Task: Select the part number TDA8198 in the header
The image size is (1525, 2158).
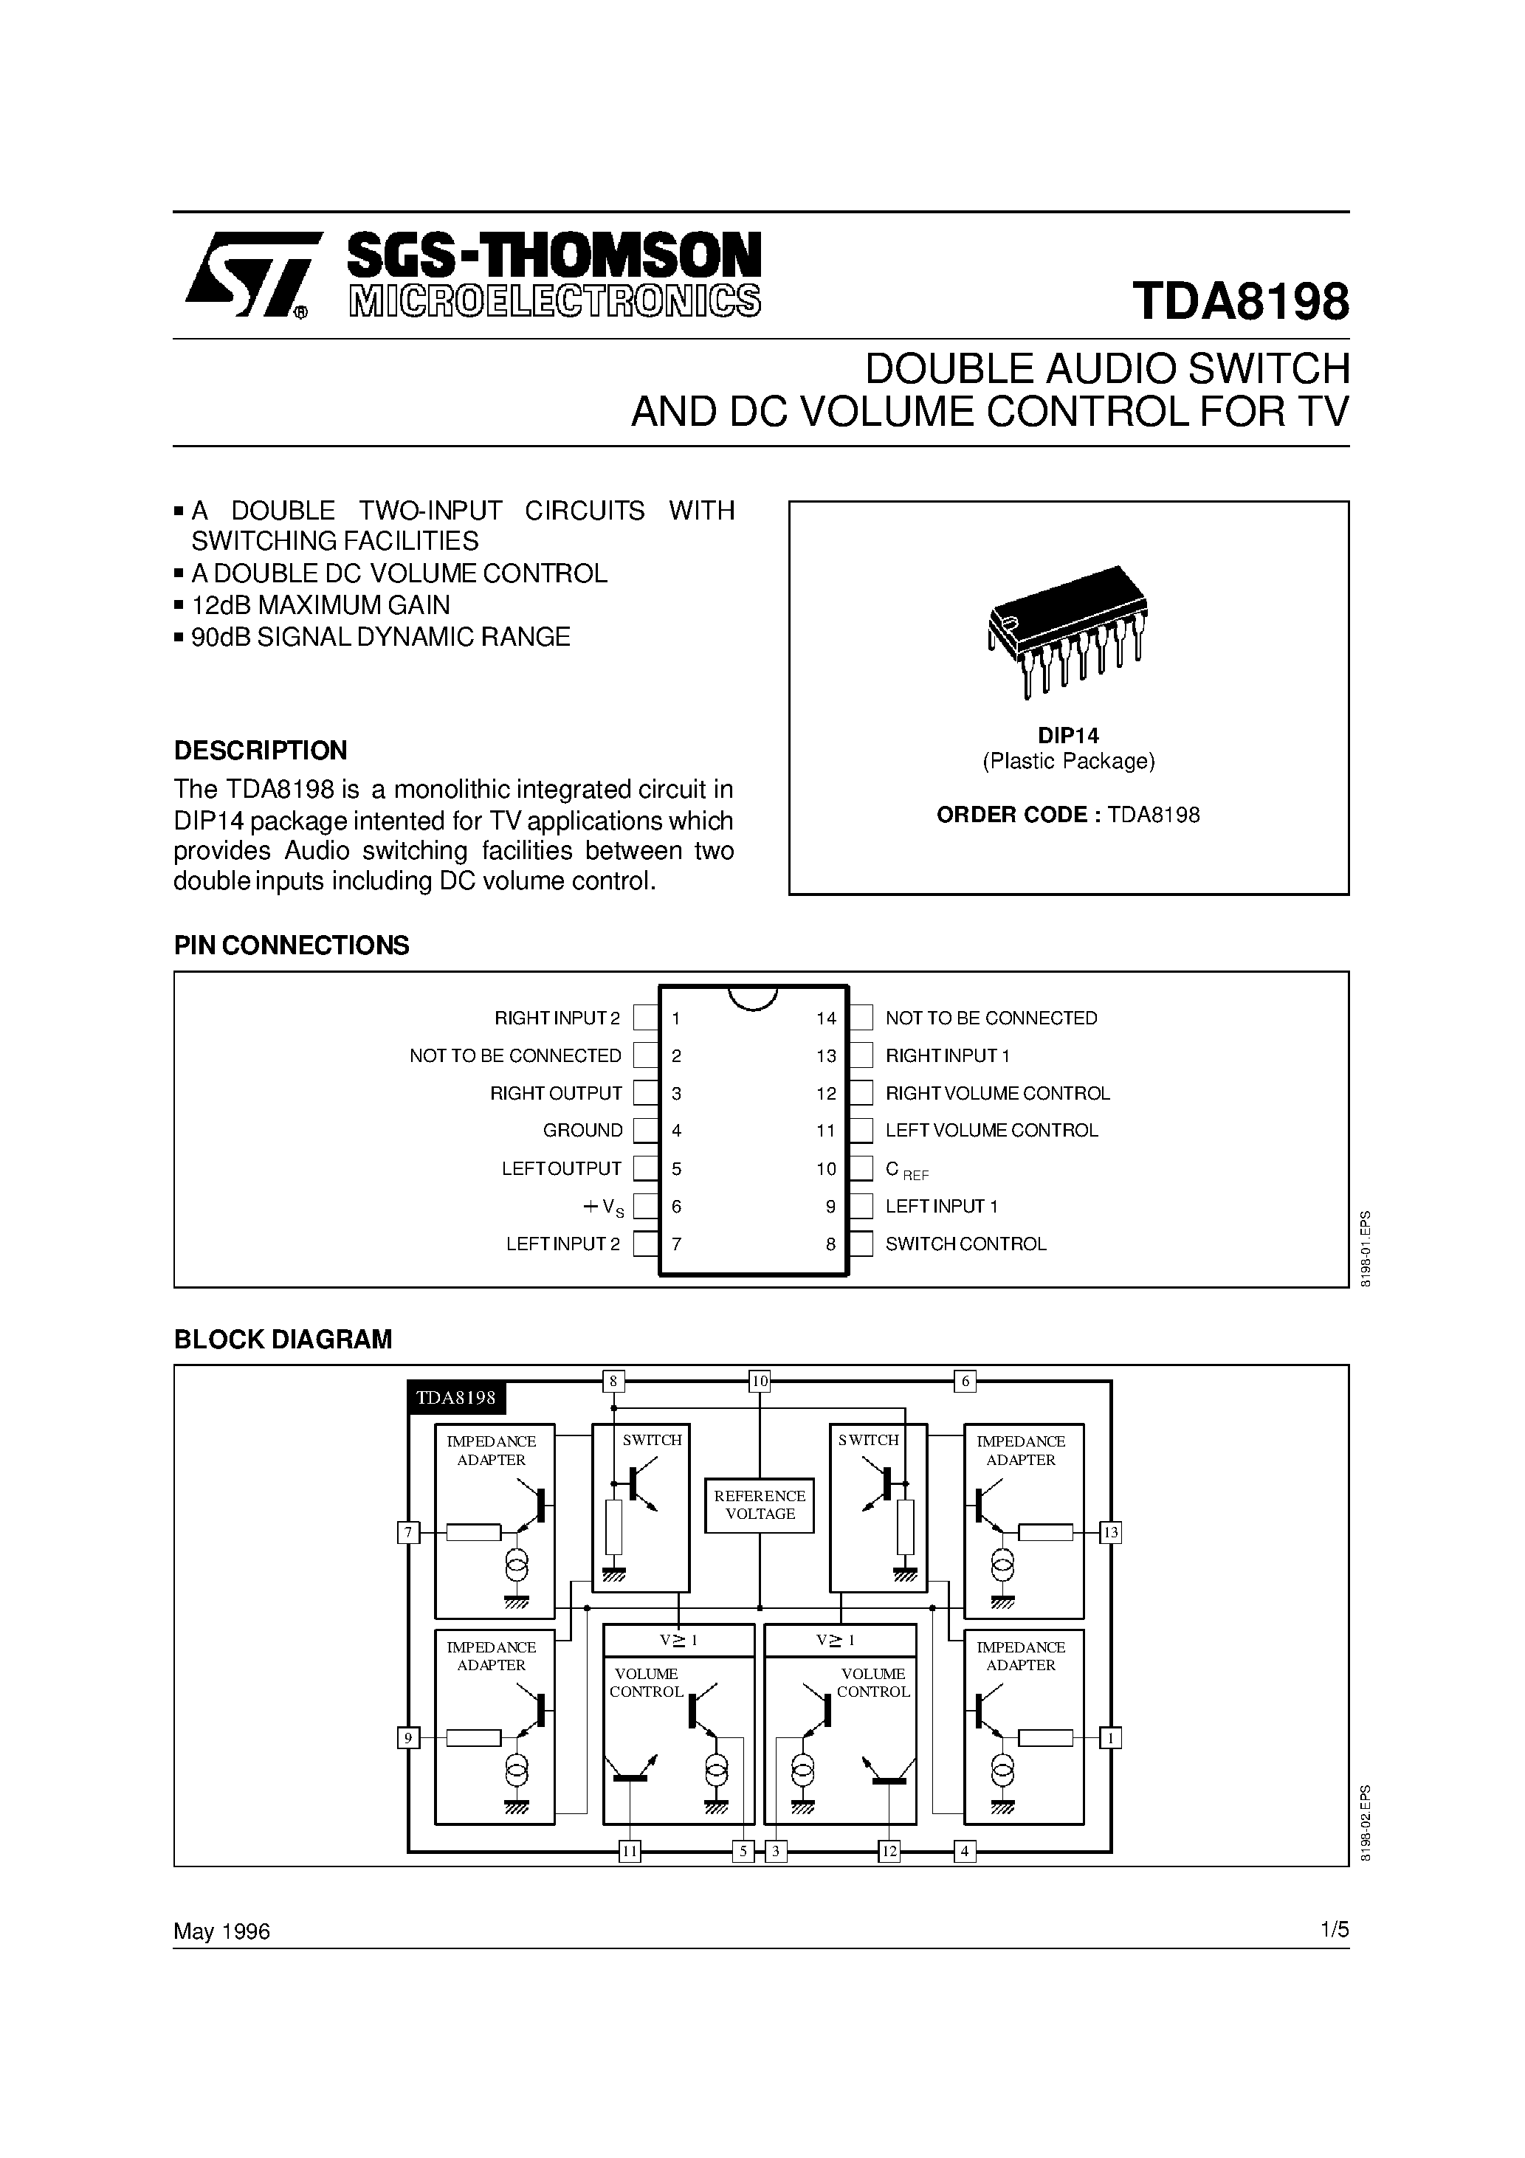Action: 1240,303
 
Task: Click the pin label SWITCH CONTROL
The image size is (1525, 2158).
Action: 965,1244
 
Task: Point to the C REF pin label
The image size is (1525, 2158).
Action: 906,1171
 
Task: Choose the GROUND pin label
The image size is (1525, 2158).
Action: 583,1131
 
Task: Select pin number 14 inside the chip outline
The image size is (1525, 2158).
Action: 825,1018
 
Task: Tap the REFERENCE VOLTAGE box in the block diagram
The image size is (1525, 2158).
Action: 760,1505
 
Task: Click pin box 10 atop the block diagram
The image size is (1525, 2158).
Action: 760,1382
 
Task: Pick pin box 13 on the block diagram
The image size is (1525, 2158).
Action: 1110,1533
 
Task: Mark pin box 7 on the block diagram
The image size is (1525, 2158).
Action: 408,1533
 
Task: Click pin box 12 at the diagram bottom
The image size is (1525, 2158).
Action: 889,1852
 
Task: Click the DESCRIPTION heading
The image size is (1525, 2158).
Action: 261,750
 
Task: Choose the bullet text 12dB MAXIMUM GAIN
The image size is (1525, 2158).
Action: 320,605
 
